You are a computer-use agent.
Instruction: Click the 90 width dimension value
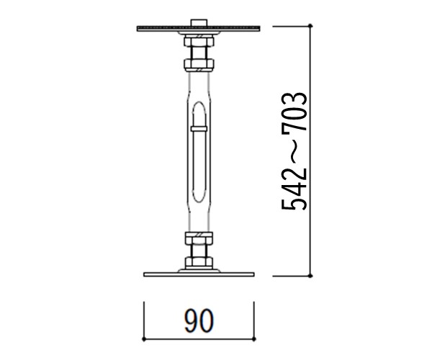(199, 321)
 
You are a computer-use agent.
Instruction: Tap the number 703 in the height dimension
(294, 112)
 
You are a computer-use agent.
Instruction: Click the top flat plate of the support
(199, 28)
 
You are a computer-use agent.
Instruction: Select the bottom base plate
(199, 274)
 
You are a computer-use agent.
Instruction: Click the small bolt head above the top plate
(199, 22)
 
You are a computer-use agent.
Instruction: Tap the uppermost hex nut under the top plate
(199, 42)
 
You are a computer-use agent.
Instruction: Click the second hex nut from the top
(199, 64)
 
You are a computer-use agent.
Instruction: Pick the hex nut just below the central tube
(199, 238)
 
